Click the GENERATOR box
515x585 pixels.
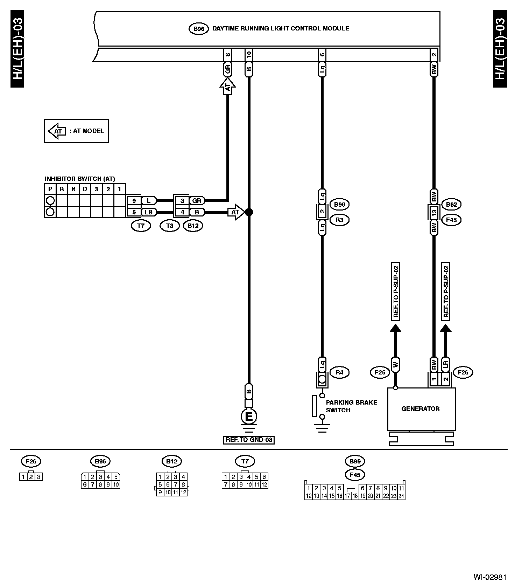coord(421,409)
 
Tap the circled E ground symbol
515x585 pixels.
coord(249,417)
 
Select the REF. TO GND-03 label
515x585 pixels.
coord(249,440)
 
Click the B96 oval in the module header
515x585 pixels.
coord(199,29)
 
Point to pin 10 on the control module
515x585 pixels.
coord(249,54)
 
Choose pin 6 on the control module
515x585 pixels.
coord(322,54)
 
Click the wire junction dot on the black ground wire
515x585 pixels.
coord(249,212)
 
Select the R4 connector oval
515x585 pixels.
coord(339,372)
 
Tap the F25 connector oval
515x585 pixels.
coord(380,372)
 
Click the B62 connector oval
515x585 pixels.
coord(452,204)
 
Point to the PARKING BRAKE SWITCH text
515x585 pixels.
coord(351,406)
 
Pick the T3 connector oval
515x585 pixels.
coord(170,226)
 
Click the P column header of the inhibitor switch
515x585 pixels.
coord(50,189)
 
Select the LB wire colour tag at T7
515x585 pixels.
coord(149,212)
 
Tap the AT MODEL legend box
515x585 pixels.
coord(76,131)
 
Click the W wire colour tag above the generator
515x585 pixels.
coord(395,365)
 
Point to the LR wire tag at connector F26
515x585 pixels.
coord(445,365)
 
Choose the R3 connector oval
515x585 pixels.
coord(339,220)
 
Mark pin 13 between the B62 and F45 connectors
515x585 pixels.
coord(434,212)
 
